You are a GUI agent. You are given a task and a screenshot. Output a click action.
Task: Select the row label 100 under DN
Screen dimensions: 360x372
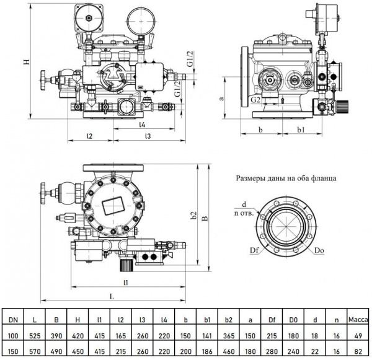[x=13, y=335]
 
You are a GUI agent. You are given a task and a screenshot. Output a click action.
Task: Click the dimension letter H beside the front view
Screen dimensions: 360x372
[x=27, y=61]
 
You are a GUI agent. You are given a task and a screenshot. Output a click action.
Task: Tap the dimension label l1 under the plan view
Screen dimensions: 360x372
[x=126, y=283]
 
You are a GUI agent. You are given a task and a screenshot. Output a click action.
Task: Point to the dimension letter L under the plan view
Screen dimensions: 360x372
[x=112, y=297]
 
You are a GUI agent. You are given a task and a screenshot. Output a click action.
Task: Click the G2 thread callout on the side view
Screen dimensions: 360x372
[x=256, y=99]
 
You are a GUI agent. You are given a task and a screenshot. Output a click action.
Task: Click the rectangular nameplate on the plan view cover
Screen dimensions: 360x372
[x=113, y=204]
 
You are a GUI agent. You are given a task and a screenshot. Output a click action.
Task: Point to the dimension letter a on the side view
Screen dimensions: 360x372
[x=221, y=98]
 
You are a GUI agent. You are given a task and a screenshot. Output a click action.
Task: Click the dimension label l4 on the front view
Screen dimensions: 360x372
[x=143, y=124]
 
